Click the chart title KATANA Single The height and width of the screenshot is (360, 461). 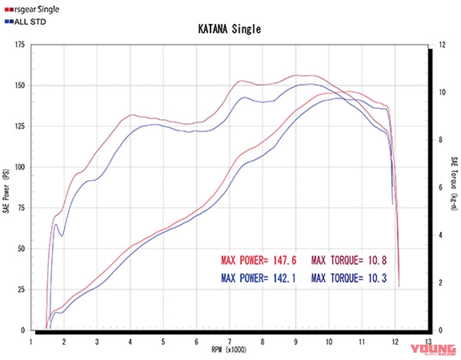click(x=230, y=29)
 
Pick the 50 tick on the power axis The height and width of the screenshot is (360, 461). click(x=21, y=249)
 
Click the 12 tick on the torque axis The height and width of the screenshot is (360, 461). click(x=441, y=45)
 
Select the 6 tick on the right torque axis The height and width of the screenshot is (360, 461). click(x=440, y=187)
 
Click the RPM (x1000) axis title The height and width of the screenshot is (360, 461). click(x=229, y=350)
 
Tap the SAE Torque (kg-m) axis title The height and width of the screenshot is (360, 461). click(x=454, y=183)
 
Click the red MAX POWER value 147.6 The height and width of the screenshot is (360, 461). click(x=284, y=261)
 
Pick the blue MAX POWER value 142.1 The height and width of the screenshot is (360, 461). click(x=284, y=277)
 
